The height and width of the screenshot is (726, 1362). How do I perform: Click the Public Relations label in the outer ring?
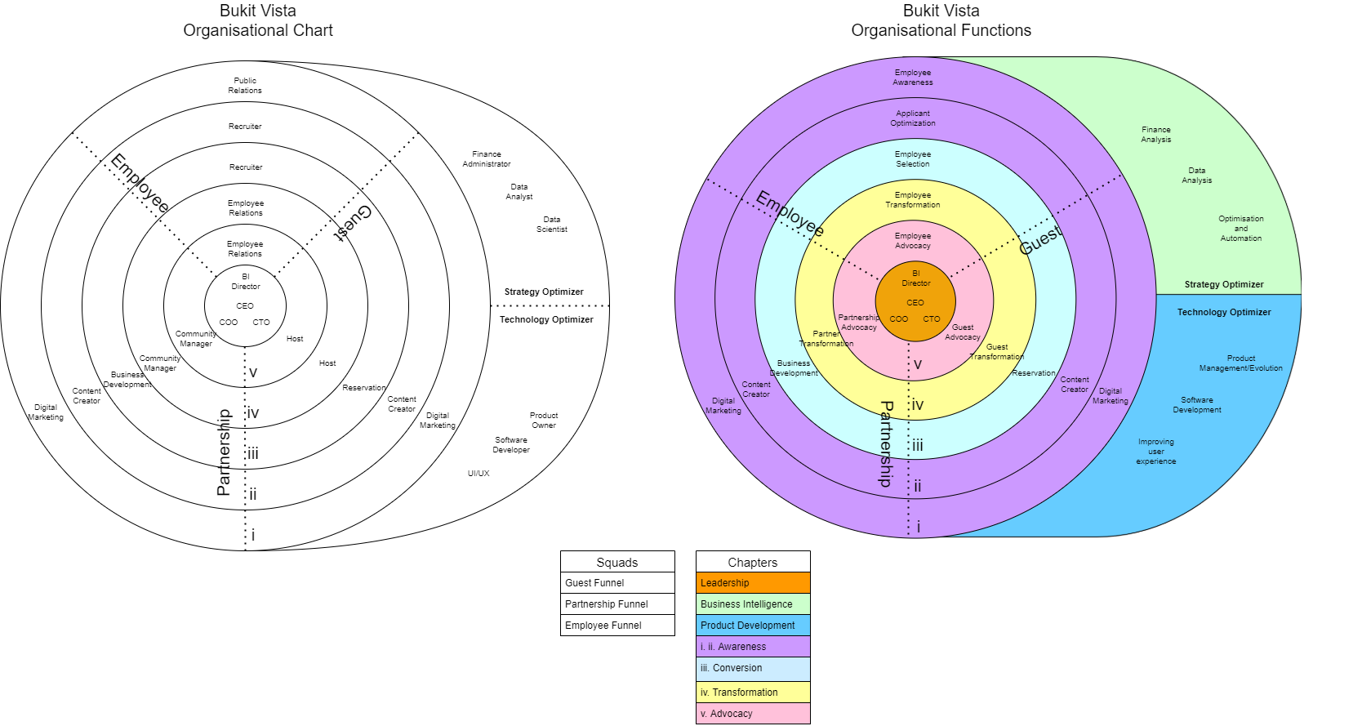pos(245,85)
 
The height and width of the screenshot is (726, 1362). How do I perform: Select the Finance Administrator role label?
pos(487,158)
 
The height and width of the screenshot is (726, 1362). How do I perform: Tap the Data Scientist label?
pos(551,225)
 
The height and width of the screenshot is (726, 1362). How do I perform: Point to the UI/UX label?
pos(478,473)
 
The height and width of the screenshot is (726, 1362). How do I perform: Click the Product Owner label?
pos(544,420)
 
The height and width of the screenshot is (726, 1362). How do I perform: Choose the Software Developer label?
pos(511,444)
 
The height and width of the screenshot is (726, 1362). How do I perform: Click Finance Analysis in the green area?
pos(1156,135)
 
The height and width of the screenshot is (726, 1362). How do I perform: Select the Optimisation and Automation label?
pos(1241,228)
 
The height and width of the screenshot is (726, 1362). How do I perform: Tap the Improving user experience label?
pos(1156,451)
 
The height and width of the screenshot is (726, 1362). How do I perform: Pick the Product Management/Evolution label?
pos(1241,363)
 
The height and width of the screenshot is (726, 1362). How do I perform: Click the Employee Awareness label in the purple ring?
pos(913,78)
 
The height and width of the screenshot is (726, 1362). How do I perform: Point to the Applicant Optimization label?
pos(913,118)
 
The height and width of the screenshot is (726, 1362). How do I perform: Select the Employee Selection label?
pos(913,158)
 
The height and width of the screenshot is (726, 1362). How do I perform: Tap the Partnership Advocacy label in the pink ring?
pos(858,323)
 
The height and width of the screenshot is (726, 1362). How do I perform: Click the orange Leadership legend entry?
pos(753,582)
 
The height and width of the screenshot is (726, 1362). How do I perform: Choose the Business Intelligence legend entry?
pos(753,604)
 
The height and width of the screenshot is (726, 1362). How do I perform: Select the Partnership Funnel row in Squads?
pos(617,604)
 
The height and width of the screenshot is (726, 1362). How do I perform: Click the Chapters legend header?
pos(753,562)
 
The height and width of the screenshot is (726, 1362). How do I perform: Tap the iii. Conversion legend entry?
pos(753,668)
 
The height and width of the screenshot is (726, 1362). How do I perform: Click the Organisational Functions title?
pos(941,30)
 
